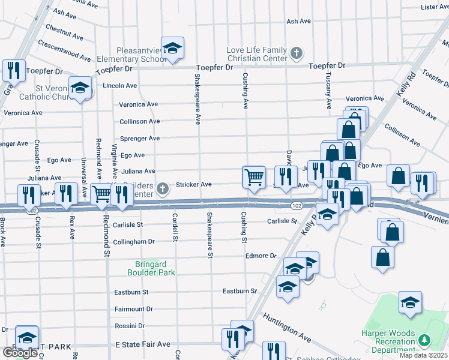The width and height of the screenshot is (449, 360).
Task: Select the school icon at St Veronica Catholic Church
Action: tap(80, 89)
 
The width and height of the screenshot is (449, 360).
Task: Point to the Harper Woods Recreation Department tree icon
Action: tap(425, 341)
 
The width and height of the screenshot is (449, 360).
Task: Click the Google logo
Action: tap(20, 352)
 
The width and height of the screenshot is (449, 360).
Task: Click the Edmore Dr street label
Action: tap(261, 256)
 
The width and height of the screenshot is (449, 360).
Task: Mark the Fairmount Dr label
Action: tap(134, 309)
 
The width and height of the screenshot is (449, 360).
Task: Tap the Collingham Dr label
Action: tap(134, 241)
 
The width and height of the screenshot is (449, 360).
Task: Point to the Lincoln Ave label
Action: tap(120, 86)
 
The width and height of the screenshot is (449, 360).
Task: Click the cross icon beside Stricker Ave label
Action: tap(162, 190)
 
